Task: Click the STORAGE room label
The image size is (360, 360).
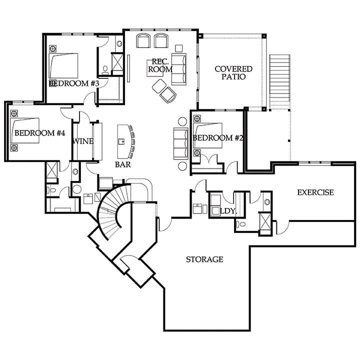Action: (204, 259)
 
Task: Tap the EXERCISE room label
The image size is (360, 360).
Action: (315, 192)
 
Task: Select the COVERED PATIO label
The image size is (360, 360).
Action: (233, 72)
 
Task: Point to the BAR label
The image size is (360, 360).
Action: (123, 164)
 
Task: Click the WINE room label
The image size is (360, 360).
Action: (83, 141)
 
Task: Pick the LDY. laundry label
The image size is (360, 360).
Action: (228, 211)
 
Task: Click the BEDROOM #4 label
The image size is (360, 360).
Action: (39, 133)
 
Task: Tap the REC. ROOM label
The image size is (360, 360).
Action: (160, 65)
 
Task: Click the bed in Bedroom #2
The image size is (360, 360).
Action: (208, 135)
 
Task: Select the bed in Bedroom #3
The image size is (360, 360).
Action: (63, 65)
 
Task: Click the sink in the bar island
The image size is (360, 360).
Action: (121, 141)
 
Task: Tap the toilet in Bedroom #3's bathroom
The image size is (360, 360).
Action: (105, 70)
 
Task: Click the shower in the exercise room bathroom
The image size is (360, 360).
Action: (265, 221)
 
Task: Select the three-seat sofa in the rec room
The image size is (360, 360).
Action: (179, 69)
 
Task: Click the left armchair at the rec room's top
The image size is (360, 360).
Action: (143, 41)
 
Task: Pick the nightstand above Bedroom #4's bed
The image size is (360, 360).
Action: (14, 113)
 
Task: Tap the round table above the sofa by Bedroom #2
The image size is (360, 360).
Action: (182, 121)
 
